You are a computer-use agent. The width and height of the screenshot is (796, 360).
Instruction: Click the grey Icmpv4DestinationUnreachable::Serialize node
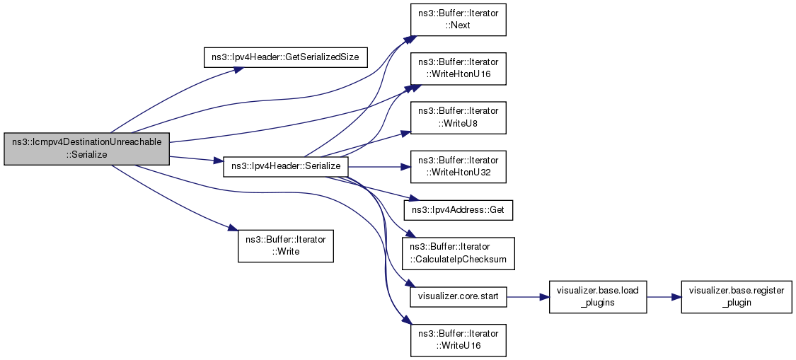[87, 149]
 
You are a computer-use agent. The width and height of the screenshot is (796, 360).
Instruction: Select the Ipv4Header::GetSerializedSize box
[285, 57]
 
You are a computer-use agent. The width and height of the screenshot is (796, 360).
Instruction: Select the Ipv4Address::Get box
[458, 210]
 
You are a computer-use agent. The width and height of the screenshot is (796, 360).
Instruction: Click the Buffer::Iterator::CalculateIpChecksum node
[458, 253]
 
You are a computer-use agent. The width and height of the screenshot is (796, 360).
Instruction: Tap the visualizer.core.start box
[458, 296]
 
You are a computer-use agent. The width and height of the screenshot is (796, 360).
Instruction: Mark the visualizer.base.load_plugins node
[598, 296]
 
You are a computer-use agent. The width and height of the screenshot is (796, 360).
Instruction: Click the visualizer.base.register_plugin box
[735, 296]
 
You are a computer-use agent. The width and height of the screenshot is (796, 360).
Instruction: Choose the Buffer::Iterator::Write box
[285, 245]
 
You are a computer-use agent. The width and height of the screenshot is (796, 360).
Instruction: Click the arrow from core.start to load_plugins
[528, 296]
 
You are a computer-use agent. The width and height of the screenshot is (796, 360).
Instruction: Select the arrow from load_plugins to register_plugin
[663, 296]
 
